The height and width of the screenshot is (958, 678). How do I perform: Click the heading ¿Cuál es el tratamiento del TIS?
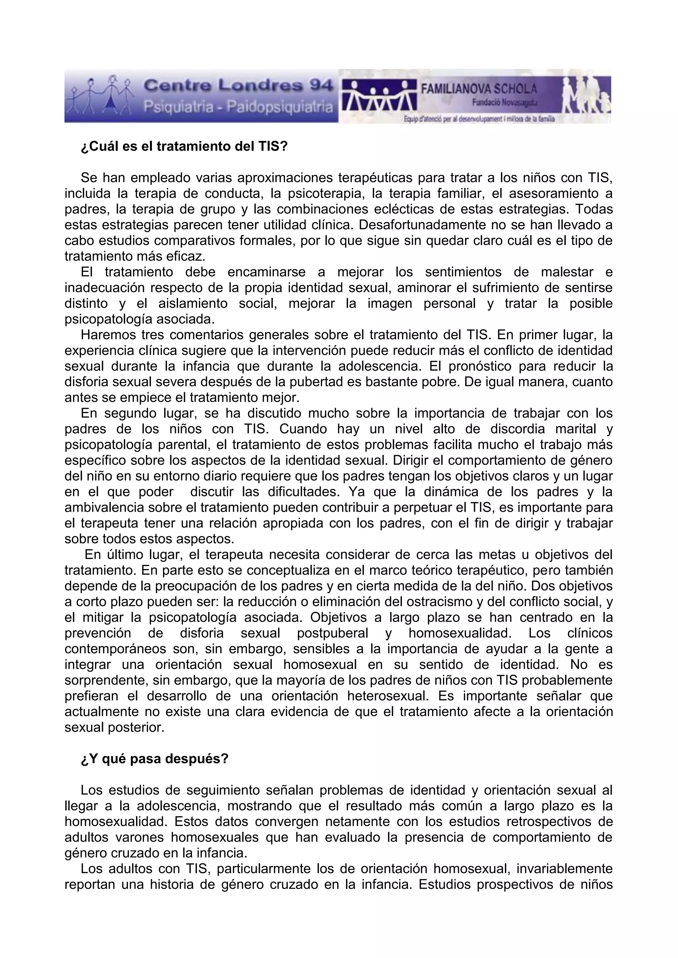click(184, 147)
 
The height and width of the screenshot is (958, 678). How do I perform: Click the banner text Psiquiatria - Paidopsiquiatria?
click(238, 107)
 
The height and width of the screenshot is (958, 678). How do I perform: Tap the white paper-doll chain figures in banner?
click(379, 95)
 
